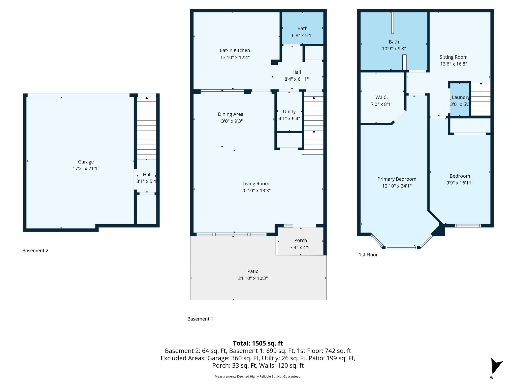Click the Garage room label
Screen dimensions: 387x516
[x=86, y=162]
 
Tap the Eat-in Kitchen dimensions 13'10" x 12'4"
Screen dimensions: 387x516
[x=235, y=57]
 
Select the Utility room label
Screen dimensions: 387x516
[x=289, y=112]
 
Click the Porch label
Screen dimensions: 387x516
[x=300, y=240]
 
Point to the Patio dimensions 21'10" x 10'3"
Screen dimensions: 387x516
[x=253, y=278]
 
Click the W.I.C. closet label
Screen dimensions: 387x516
[x=381, y=97]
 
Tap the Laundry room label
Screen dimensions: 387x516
[x=460, y=97]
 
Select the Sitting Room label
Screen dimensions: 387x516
[x=453, y=57]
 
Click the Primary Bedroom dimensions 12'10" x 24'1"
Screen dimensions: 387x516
[x=397, y=186]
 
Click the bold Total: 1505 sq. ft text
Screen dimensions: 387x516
[x=258, y=343]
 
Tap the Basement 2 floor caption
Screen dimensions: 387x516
[x=35, y=250]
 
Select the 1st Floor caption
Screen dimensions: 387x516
[x=368, y=255]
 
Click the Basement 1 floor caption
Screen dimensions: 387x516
[x=200, y=319]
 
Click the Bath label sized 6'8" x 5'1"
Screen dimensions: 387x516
[x=302, y=28]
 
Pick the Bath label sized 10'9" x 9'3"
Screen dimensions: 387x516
[x=394, y=42]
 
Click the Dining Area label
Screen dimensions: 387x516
[x=230, y=114]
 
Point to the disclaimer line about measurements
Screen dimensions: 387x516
[x=258, y=376]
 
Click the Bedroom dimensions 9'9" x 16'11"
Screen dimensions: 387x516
[x=460, y=183]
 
